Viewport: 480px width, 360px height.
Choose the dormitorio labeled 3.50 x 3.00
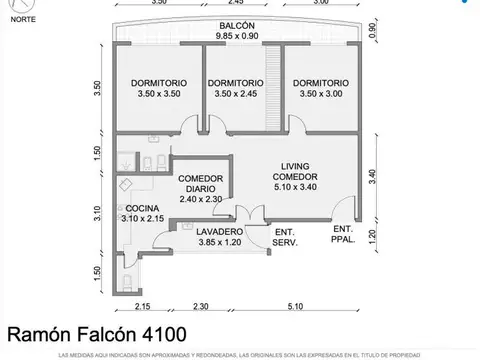[321, 89]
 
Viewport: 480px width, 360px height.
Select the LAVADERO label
[192, 230]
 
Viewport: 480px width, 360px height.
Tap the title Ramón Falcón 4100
[96, 333]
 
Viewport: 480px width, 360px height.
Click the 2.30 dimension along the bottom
[201, 305]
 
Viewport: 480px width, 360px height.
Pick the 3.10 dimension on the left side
[97, 213]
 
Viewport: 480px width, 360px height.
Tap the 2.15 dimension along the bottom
[144, 305]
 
